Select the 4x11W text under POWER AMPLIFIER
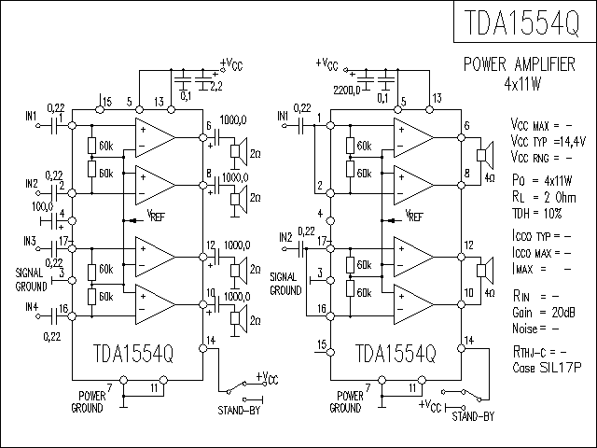(x=522, y=84)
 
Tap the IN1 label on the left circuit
(x=32, y=116)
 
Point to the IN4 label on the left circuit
(x=32, y=306)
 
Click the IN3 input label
(x=32, y=241)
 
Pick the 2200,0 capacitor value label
(x=349, y=90)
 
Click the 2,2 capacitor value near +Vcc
(x=215, y=86)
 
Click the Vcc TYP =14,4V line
(x=548, y=139)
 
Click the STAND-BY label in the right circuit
(x=472, y=417)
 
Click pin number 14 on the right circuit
(x=468, y=339)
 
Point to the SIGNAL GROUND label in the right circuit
(x=285, y=284)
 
